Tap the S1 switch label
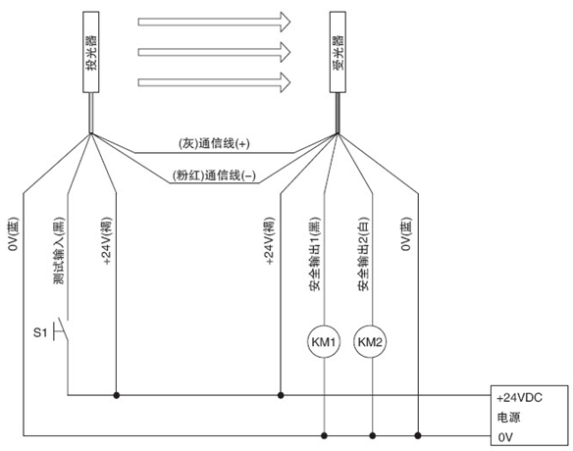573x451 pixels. (40, 332)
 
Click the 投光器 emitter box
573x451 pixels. (91, 52)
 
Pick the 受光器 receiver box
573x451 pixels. (338, 52)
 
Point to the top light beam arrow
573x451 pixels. (214, 22)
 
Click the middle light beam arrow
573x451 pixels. (214, 52)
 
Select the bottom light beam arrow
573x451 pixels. (214, 82)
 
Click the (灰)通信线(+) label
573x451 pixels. (214, 144)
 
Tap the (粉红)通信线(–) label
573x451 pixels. (214, 175)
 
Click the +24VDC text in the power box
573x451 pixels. (519, 398)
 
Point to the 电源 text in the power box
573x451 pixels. (508, 418)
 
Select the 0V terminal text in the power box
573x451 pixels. (505, 437)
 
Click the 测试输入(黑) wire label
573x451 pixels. (59, 251)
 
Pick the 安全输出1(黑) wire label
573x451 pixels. (314, 254)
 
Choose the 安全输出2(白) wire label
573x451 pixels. (363, 254)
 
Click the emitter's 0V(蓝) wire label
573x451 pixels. (13, 234)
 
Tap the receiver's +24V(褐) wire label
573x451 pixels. (269, 241)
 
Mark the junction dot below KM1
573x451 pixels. (324, 435)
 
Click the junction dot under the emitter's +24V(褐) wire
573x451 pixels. (116, 395)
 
